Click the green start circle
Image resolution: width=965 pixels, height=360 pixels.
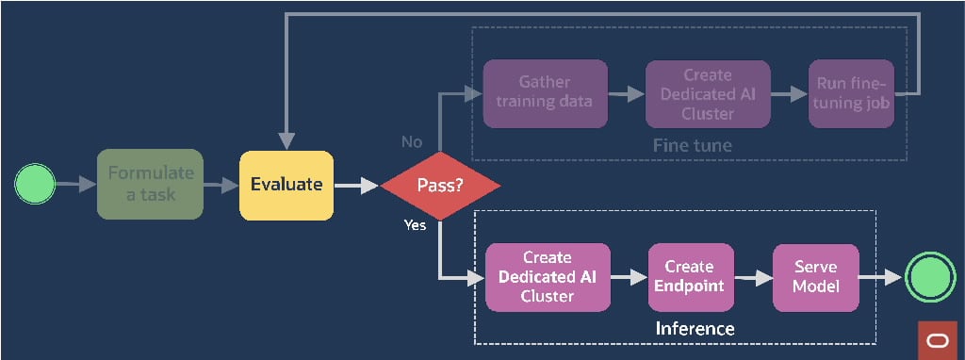pos(35,184)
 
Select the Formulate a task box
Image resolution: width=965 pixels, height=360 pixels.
pos(150,184)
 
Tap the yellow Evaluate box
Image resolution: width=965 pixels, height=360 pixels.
pos(286,185)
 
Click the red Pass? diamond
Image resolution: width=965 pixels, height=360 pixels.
pos(440,186)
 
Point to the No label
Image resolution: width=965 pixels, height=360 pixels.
pos(412,141)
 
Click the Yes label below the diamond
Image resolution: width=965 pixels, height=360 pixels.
pos(415,225)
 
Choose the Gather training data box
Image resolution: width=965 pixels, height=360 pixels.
pos(544,93)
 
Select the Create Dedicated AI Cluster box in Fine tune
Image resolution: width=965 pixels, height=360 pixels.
pos(707,93)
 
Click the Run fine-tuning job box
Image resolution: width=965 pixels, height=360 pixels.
pos(851,93)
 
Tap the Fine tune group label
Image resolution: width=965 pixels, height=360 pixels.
pos(692,146)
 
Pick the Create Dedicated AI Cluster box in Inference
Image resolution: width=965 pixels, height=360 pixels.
pos(548,277)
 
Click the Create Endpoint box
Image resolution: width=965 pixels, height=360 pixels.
pos(688,277)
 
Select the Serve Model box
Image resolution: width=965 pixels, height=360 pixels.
pos(816,277)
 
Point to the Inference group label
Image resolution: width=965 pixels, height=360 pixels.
pos(695,328)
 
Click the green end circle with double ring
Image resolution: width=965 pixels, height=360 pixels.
pos(929,278)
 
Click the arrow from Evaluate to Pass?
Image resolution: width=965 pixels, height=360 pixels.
pos(356,186)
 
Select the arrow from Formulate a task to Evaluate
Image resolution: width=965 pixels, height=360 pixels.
pos(221,186)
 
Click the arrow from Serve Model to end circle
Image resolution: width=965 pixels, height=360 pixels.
pos(880,278)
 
